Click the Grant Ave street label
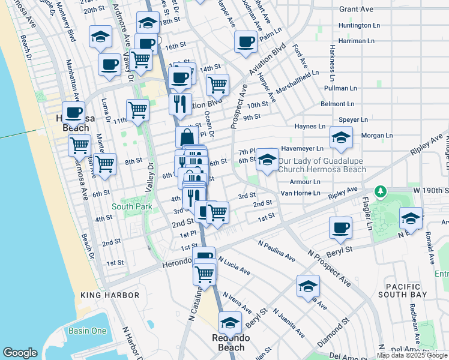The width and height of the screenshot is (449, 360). (x=357, y=9)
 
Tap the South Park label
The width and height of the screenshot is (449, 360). (x=131, y=207)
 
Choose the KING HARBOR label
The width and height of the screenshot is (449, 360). (x=110, y=295)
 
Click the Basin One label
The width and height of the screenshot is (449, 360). (x=87, y=331)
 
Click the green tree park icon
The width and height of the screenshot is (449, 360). (x=380, y=191)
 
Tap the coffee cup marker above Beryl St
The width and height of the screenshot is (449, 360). (x=340, y=227)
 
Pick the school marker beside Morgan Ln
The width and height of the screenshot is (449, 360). (x=341, y=137)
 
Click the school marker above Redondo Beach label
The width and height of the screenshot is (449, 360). (x=229, y=323)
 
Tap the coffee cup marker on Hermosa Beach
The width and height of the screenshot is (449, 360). (x=73, y=112)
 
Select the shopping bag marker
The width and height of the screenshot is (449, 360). (x=187, y=136)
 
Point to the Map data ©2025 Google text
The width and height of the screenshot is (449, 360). (x=411, y=355)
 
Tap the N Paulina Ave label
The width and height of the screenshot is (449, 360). (x=277, y=251)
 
